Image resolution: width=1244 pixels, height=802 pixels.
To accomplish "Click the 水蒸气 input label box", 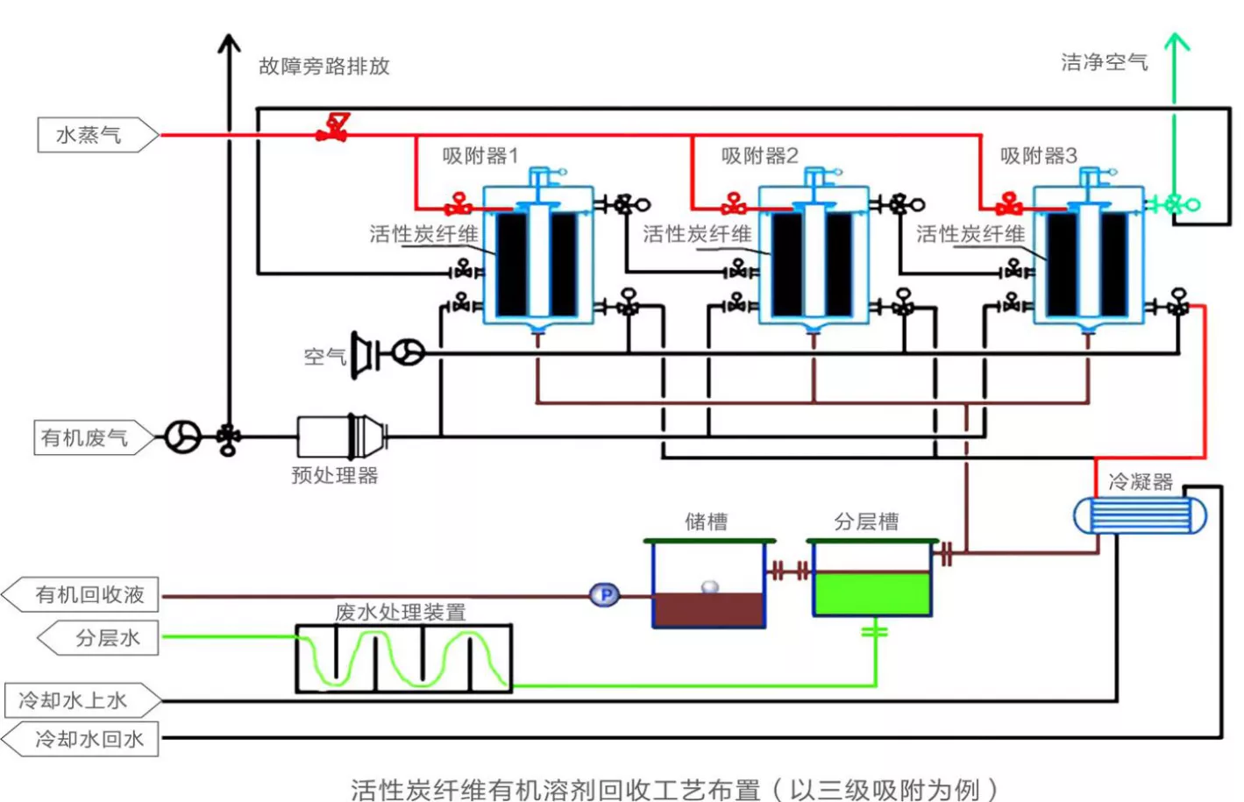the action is tap(98, 135).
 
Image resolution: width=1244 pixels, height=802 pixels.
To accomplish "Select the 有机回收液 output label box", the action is tap(80, 594).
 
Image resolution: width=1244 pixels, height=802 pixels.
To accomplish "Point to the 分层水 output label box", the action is tap(98, 637).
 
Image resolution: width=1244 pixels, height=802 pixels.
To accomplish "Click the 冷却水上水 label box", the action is tap(83, 700).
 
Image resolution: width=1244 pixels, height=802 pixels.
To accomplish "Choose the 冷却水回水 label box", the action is tap(80, 739).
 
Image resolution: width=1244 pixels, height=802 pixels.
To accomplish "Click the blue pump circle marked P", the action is tap(605, 595).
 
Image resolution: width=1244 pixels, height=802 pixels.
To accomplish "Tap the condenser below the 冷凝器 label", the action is tap(1140, 515).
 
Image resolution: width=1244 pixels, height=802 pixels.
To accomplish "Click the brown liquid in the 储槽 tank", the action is tap(708, 610).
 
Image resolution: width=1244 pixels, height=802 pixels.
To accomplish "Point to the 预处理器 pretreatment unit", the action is tap(342, 437).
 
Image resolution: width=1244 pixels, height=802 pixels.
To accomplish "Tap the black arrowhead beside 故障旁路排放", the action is tap(229, 43).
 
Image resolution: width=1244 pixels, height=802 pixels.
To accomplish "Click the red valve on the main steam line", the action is tap(333, 128).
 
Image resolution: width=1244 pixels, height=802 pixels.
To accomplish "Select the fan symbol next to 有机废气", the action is tap(182, 437).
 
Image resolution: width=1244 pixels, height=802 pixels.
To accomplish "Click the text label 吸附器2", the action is tap(760, 155).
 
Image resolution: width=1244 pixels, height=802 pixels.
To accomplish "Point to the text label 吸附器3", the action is tap(1039, 155).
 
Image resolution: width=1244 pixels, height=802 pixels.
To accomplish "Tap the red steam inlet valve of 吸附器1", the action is tap(459, 204).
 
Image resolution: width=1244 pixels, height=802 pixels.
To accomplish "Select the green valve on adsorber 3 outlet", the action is tap(1174, 204).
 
